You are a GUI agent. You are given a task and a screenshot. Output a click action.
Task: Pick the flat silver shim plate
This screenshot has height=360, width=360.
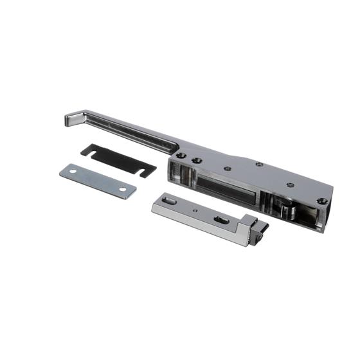tap(98, 181)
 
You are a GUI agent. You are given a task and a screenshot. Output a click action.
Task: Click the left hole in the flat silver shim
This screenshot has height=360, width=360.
tap(73, 172)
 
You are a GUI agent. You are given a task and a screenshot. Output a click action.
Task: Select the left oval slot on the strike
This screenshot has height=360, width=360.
tap(170, 202)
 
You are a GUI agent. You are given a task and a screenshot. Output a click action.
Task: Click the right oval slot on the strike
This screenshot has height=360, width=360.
tap(221, 221)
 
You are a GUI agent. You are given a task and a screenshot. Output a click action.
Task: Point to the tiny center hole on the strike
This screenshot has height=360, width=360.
tap(194, 209)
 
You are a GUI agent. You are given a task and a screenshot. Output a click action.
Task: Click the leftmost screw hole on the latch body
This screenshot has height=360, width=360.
tap(183, 156)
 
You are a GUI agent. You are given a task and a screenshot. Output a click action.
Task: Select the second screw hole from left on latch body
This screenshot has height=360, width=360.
tap(197, 160)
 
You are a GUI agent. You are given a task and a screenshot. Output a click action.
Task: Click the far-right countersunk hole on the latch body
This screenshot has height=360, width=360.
tap(322, 201)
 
